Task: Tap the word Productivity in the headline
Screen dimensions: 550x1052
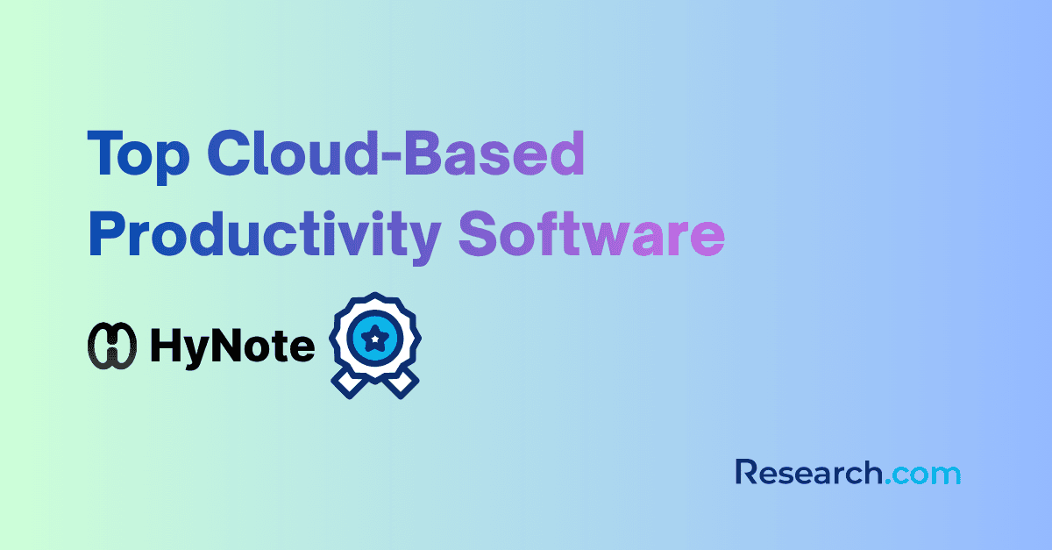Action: tap(264, 236)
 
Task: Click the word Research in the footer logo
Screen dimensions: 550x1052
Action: tap(808, 474)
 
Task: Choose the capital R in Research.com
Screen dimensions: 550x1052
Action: tap(748, 473)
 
